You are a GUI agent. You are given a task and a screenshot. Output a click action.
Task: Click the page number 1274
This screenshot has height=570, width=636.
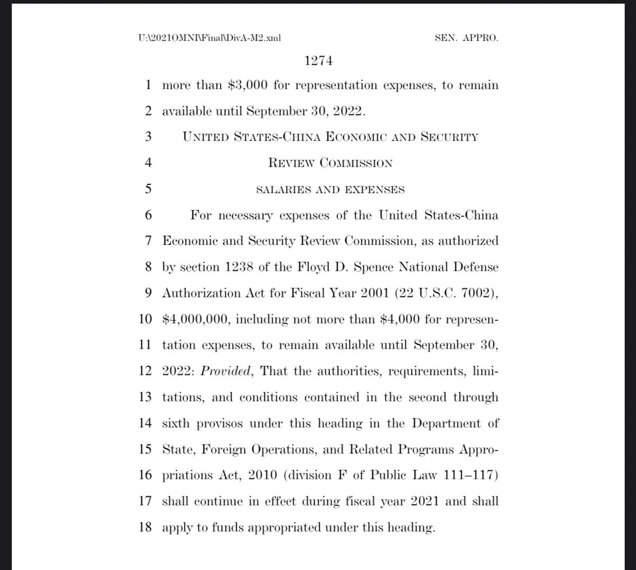[318, 61]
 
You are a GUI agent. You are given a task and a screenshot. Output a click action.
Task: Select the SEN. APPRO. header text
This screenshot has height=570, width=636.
[465, 38]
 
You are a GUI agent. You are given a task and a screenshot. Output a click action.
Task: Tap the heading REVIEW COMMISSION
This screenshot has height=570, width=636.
[330, 163]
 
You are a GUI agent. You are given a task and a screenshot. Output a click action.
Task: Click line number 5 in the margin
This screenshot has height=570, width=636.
[148, 189]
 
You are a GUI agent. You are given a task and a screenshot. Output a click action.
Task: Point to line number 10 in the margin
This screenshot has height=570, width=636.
[145, 319]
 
